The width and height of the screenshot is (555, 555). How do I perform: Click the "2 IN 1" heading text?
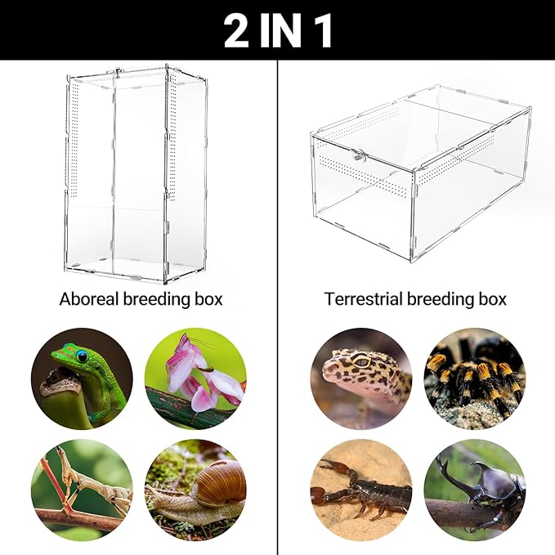tap(277, 30)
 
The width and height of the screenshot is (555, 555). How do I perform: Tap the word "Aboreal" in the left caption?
tap(88, 299)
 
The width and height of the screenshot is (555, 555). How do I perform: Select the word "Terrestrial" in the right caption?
tap(364, 299)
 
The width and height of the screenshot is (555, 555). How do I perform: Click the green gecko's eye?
tap(82, 356)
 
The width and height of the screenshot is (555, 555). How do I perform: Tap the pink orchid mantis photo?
tap(195, 378)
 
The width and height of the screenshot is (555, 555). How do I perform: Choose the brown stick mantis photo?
tap(82, 489)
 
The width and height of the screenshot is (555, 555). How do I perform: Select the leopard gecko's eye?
tap(360, 362)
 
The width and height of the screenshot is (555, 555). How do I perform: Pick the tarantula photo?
tap(474, 378)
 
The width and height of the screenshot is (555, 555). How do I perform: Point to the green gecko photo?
tap(82, 378)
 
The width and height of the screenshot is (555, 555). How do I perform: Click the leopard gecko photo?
tap(360, 378)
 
